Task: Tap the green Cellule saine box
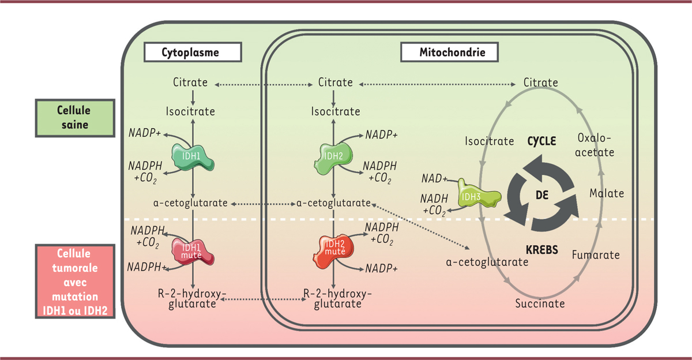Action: pyautogui.click(x=74, y=117)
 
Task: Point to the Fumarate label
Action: pyautogui.click(x=595, y=254)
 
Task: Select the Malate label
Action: pyautogui.click(x=606, y=193)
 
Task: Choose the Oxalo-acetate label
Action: pyautogui.click(x=595, y=145)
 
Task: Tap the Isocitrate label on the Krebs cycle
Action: pyautogui.click(x=489, y=141)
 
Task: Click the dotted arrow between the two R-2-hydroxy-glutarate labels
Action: pyautogui.click(x=262, y=299)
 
